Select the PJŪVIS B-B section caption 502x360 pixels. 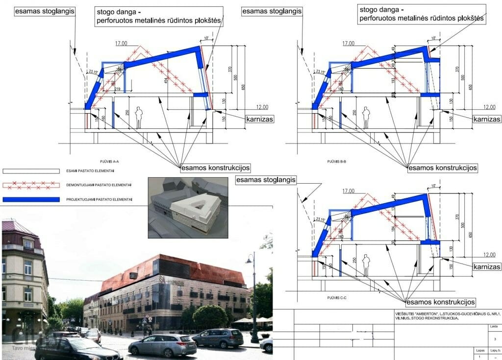(336, 161)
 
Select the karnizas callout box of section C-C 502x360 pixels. (487, 267)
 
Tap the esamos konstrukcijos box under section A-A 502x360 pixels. (216, 168)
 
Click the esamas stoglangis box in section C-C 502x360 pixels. (266, 180)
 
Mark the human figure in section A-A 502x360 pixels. (139, 118)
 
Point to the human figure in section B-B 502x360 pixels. (366, 118)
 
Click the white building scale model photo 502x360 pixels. (188, 208)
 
